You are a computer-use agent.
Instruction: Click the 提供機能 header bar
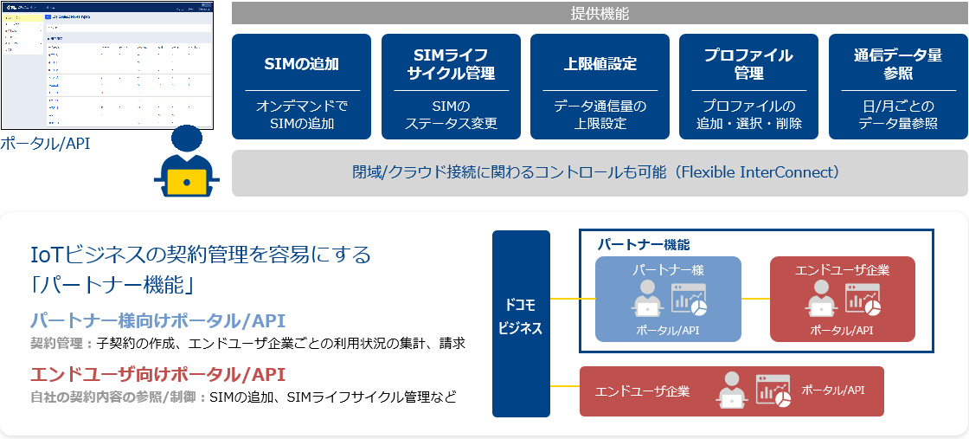tap(600, 13)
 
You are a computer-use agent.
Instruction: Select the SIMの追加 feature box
tap(302, 87)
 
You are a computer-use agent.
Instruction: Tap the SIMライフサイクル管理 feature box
tap(451, 87)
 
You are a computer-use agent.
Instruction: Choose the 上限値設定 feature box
tap(600, 87)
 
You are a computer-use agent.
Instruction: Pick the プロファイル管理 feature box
tap(748, 87)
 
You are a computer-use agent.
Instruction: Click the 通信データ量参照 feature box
tap(898, 87)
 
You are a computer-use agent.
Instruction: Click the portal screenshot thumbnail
tap(106, 65)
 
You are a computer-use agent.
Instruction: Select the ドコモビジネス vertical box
tap(521, 323)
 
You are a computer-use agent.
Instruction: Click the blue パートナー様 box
tap(668, 298)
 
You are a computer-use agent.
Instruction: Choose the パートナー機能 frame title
tap(644, 245)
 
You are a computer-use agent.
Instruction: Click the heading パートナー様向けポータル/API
tap(157, 320)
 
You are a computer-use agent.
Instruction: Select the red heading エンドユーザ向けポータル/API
tap(157, 374)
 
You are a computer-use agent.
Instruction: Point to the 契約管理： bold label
tap(61, 344)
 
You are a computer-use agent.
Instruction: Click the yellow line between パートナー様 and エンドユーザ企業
tap(755, 299)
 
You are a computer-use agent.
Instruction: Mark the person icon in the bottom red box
tap(731, 391)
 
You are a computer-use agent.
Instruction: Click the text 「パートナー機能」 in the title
tap(111, 283)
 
